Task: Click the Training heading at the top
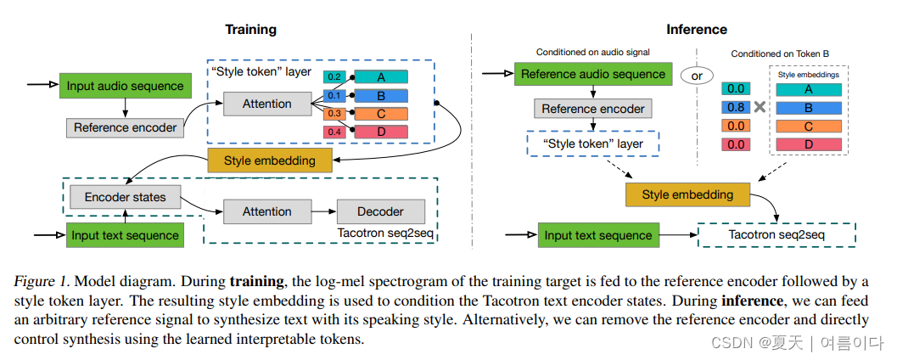(250, 30)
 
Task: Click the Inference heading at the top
(697, 30)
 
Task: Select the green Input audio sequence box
(126, 86)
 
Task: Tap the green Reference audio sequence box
(593, 74)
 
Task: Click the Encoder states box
(125, 198)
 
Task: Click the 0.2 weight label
(334, 76)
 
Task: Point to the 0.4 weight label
(334, 132)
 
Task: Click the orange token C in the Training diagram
(381, 113)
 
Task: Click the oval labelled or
(697, 76)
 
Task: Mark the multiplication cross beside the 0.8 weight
(760, 108)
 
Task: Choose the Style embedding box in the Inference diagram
(687, 194)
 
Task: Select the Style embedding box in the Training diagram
(269, 160)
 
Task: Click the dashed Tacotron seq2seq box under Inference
(776, 234)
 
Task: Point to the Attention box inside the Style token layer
(267, 104)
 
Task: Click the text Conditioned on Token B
(779, 53)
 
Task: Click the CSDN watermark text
(732, 342)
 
